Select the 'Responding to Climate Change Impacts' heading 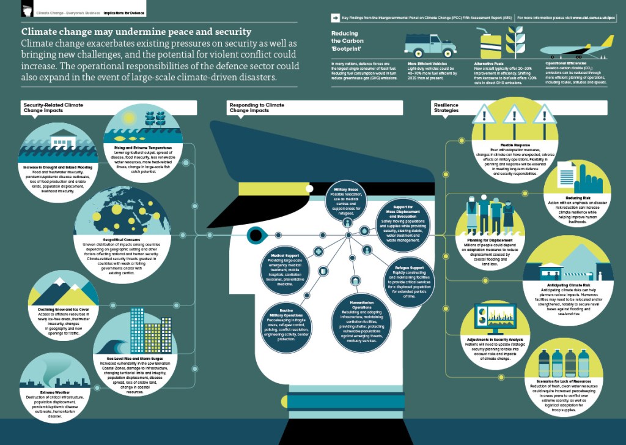pos(257,108)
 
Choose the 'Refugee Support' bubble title pos(408,267)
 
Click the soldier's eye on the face pos(256,234)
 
